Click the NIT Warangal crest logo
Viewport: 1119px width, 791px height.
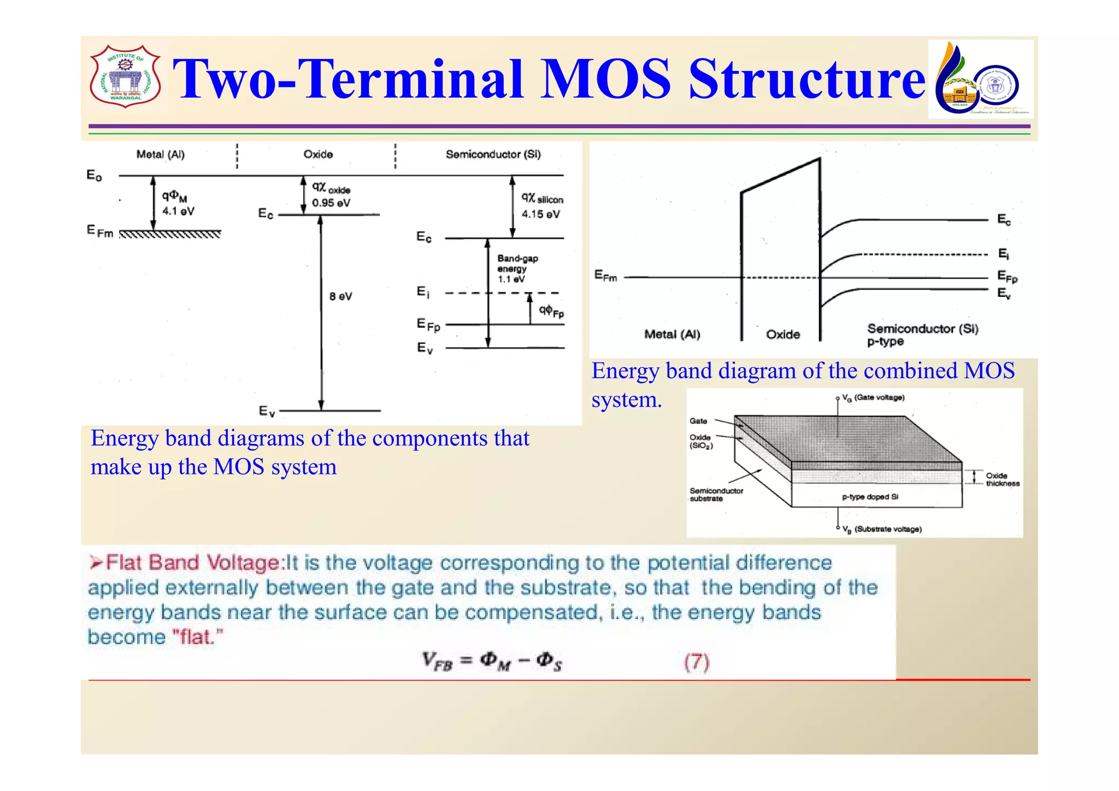point(125,77)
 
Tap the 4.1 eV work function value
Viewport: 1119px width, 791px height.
point(178,211)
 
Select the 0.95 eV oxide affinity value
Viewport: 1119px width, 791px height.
point(331,203)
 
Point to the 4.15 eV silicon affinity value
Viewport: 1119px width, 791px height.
point(540,214)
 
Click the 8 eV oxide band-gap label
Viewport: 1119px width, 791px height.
point(340,296)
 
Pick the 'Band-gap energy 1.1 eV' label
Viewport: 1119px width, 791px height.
point(517,268)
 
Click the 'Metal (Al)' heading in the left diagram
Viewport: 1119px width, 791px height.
point(161,155)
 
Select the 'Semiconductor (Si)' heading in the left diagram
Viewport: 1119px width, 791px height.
point(493,155)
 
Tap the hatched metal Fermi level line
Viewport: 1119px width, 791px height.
point(170,235)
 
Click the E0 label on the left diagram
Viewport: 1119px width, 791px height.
point(94,175)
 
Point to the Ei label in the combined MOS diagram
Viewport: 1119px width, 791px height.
point(1003,254)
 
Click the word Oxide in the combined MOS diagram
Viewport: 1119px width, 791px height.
point(782,334)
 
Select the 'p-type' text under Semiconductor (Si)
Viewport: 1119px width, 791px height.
point(885,342)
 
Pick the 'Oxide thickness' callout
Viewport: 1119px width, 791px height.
point(1002,479)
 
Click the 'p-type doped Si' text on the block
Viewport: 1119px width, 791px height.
point(870,497)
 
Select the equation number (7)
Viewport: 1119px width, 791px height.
point(697,662)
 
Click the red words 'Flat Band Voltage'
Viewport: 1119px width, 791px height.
point(193,563)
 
